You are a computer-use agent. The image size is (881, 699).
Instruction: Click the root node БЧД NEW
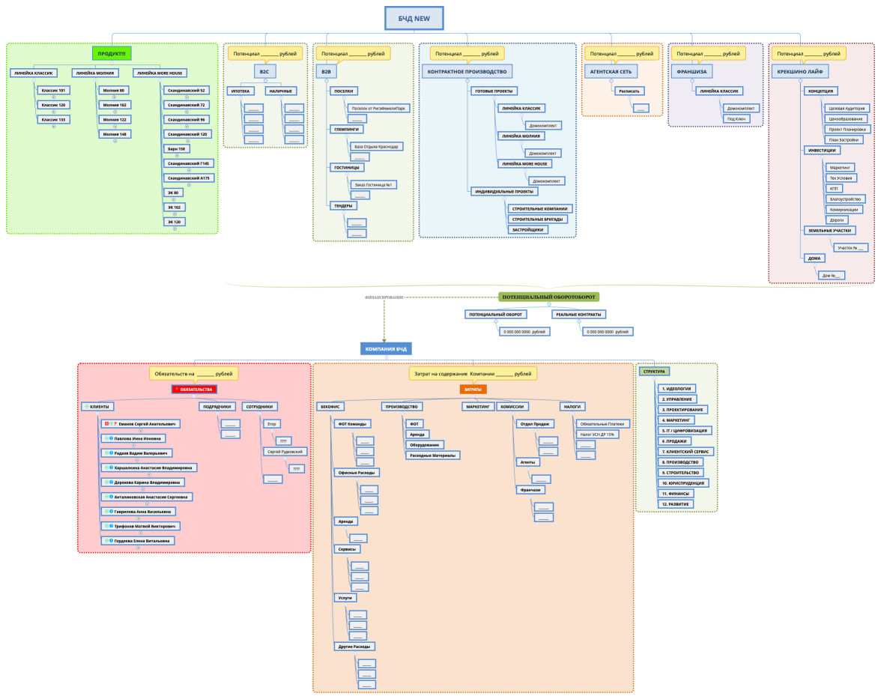click(x=414, y=18)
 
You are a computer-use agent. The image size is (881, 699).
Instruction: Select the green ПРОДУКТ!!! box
click(x=112, y=53)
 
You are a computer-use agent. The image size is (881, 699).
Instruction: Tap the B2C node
click(x=264, y=72)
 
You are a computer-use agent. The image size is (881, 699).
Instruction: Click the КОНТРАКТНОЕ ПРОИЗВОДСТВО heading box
click(x=467, y=72)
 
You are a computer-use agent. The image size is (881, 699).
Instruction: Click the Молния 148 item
click(x=114, y=134)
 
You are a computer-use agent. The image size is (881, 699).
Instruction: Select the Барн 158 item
click(x=178, y=148)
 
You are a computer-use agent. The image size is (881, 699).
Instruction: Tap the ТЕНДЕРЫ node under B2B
click(x=343, y=205)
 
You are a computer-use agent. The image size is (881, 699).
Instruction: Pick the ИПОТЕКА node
click(x=240, y=91)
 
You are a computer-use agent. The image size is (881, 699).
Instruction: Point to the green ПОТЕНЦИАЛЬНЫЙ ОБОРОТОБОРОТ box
click(x=549, y=297)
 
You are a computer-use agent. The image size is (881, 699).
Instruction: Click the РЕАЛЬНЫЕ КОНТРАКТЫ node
click(x=580, y=315)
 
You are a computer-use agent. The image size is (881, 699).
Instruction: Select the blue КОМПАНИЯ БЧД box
click(x=386, y=349)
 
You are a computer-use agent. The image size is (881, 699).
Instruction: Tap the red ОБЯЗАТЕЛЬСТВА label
click(x=194, y=390)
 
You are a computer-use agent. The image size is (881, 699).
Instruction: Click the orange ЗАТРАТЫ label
click(x=473, y=390)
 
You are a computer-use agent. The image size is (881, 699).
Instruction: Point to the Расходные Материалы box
click(x=433, y=455)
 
